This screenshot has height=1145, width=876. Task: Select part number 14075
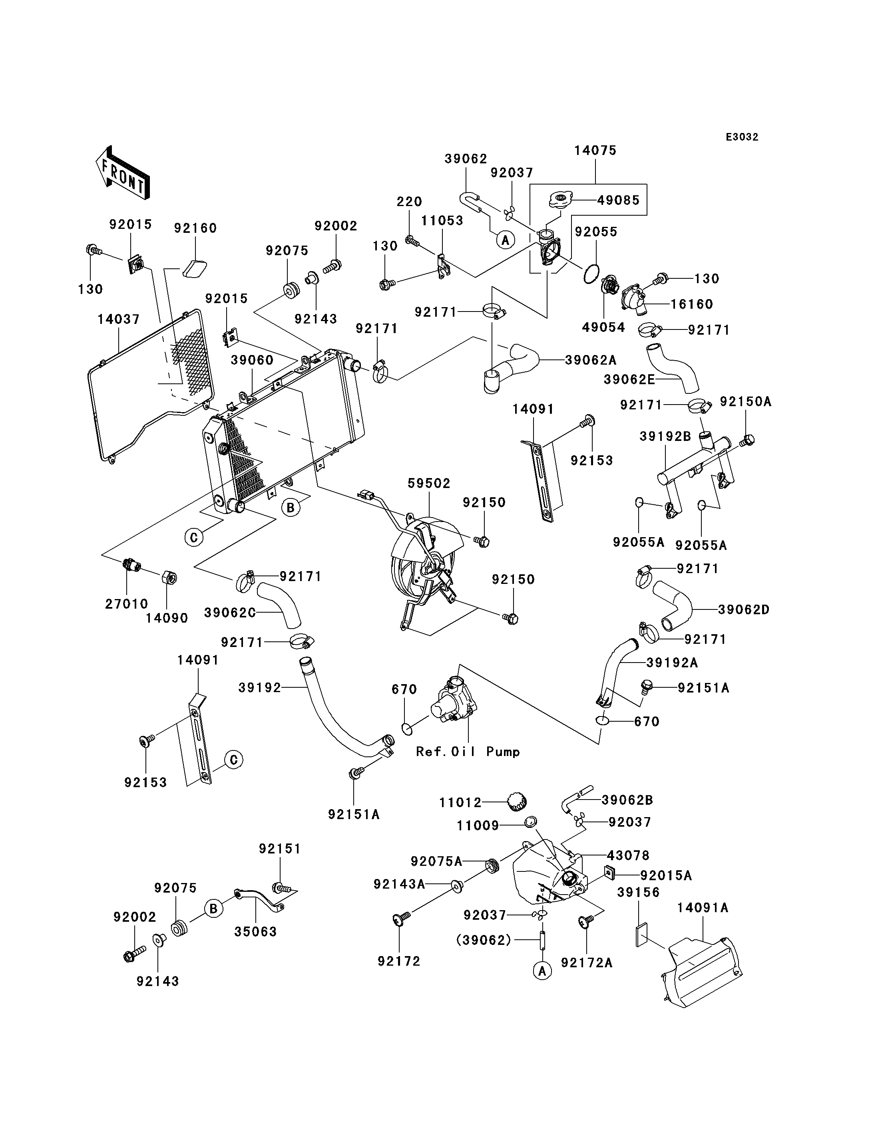pyautogui.click(x=595, y=151)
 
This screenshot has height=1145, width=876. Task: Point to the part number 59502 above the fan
pyautogui.click(x=429, y=483)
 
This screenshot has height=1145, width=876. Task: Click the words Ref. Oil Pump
pyautogui.click(x=468, y=752)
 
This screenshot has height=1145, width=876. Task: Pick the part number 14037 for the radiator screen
pyautogui.click(x=119, y=319)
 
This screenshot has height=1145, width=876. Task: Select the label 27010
pyautogui.click(x=127, y=603)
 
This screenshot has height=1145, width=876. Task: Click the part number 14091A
pyautogui.click(x=703, y=907)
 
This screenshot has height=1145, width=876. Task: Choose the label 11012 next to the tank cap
pyautogui.click(x=460, y=803)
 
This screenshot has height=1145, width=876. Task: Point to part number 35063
pyautogui.click(x=255, y=931)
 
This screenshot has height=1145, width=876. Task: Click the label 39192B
pyautogui.click(x=665, y=436)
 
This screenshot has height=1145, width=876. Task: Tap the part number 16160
pyautogui.click(x=691, y=304)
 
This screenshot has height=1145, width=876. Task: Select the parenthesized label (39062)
pyautogui.click(x=484, y=940)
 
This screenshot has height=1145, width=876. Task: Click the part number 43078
pyautogui.click(x=628, y=855)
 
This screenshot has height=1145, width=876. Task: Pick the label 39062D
pyautogui.click(x=744, y=609)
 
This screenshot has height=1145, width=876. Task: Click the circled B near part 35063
pyautogui.click(x=213, y=909)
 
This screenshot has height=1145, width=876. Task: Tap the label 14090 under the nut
pyautogui.click(x=166, y=618)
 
